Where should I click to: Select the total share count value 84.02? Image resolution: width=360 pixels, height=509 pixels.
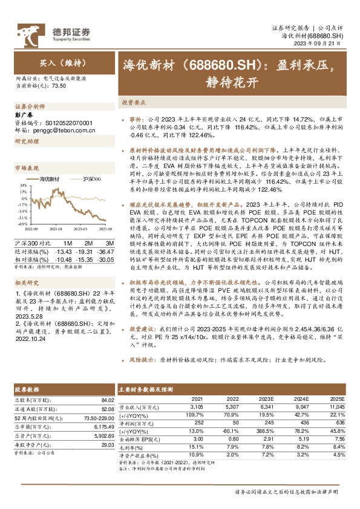107,400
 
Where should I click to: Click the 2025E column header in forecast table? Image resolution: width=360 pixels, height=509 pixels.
336,400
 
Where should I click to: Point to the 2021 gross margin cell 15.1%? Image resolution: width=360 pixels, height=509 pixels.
197,447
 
